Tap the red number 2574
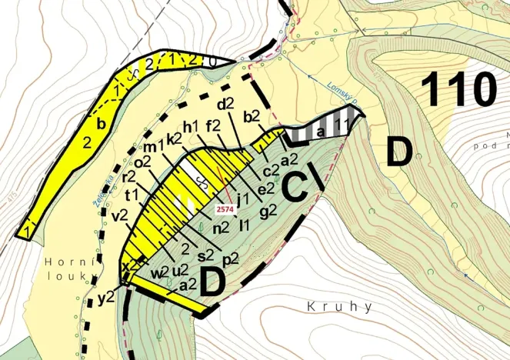tap(226, 208)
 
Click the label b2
tap(252, 117)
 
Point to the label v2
tap(119, 217)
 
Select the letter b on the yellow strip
tap(99, 122)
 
